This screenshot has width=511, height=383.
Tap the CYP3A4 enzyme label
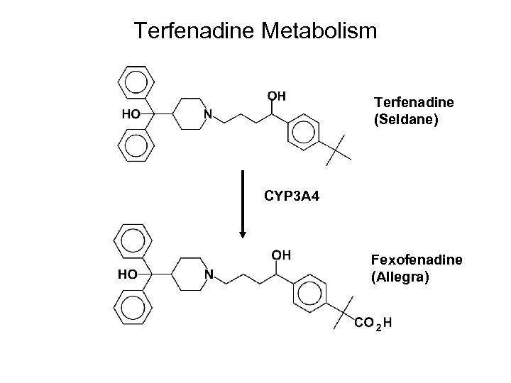pyautogui.click(x=292, y=194)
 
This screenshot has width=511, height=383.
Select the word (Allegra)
pyautogui.click(x=400, y=277)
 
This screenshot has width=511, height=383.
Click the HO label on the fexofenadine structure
pyautogui.click(x=128, y=273)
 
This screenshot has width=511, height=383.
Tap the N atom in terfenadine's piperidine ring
pyautogui.click(x=208, y=114)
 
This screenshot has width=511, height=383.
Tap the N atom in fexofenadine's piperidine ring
pyautogui.click(x=209, y=273)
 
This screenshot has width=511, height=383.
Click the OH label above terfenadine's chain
pyautogui.click(x=276, y=96)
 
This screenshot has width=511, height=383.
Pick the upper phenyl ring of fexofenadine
pyautogui.click(x=131, y=242)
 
